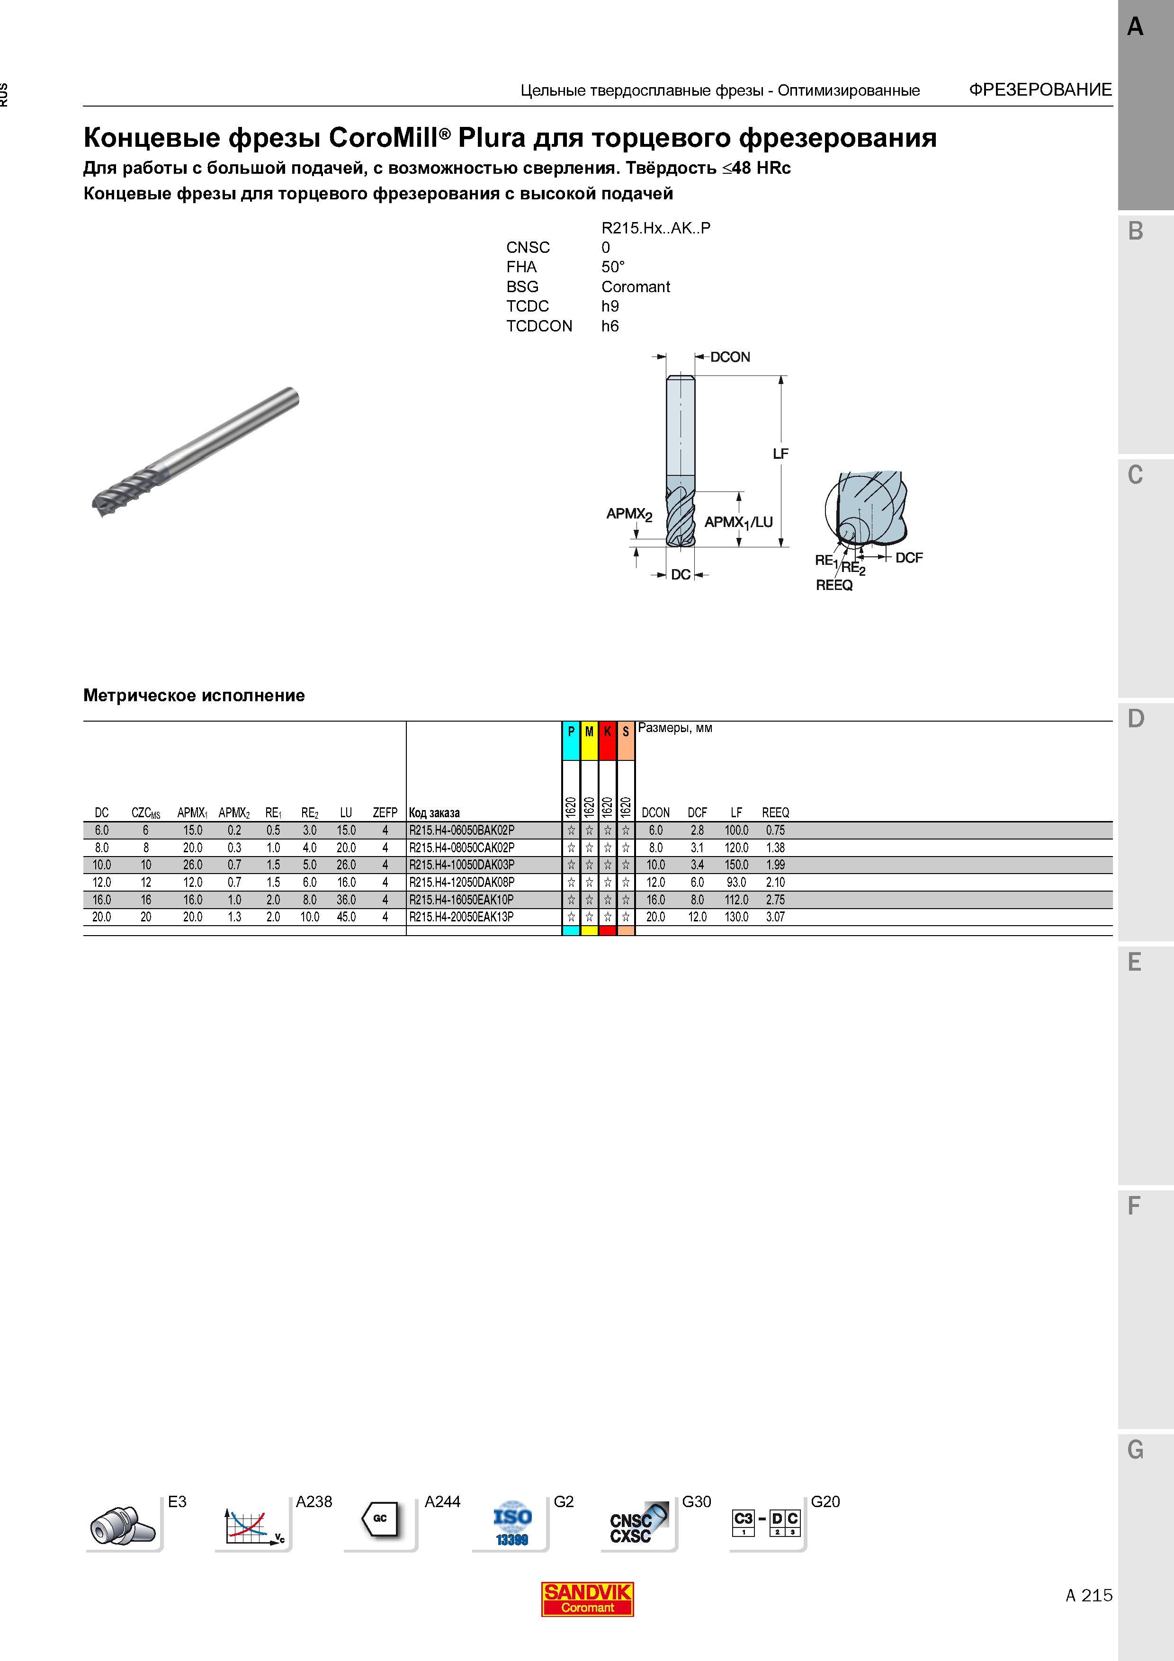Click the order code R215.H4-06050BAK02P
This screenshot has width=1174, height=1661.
coord(461,830)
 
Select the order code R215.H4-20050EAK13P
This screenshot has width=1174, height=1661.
coord(461,917)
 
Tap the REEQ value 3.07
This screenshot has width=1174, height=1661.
coord(775,917)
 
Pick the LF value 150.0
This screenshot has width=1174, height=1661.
coord(736,865)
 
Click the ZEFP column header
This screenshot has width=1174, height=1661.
coord(385,813)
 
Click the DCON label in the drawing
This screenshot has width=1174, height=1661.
coord(730,357)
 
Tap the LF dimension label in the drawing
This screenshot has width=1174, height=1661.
coord(780,454)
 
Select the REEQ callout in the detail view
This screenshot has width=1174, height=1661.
coord(834,585)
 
